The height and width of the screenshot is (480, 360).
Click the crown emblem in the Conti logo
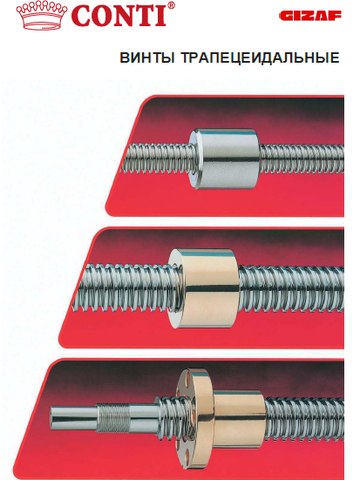point(43,16)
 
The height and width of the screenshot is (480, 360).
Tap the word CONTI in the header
point(119,16)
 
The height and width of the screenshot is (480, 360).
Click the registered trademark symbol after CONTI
point(172,5)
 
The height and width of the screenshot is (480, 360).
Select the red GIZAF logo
point(310,16)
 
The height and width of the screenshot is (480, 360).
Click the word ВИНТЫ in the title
point(147,57)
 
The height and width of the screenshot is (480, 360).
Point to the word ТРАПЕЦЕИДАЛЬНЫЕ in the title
point(260,57)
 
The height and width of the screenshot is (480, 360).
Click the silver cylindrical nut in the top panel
point(224,159)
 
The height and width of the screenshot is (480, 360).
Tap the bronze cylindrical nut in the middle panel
point(204,288)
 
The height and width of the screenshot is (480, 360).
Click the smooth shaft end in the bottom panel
point(73,418)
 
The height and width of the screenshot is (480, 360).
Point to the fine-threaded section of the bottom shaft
point(112,418)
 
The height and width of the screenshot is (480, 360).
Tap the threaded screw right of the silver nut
point(302,159)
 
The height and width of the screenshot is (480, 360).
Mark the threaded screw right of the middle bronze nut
point(291,288)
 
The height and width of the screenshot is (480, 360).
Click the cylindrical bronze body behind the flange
point(239,416)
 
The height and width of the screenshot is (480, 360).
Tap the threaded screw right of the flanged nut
point(304,416)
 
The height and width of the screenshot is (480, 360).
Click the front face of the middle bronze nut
point(176,287)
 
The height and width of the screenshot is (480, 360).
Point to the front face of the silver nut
point(196,159)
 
